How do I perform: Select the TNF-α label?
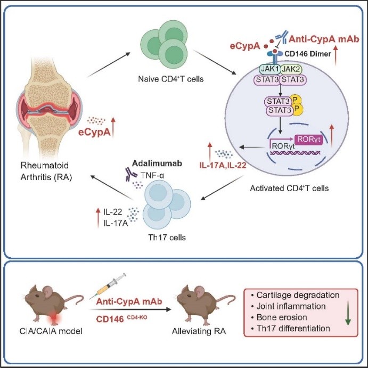pyautogui.click(x=141, y=170)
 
